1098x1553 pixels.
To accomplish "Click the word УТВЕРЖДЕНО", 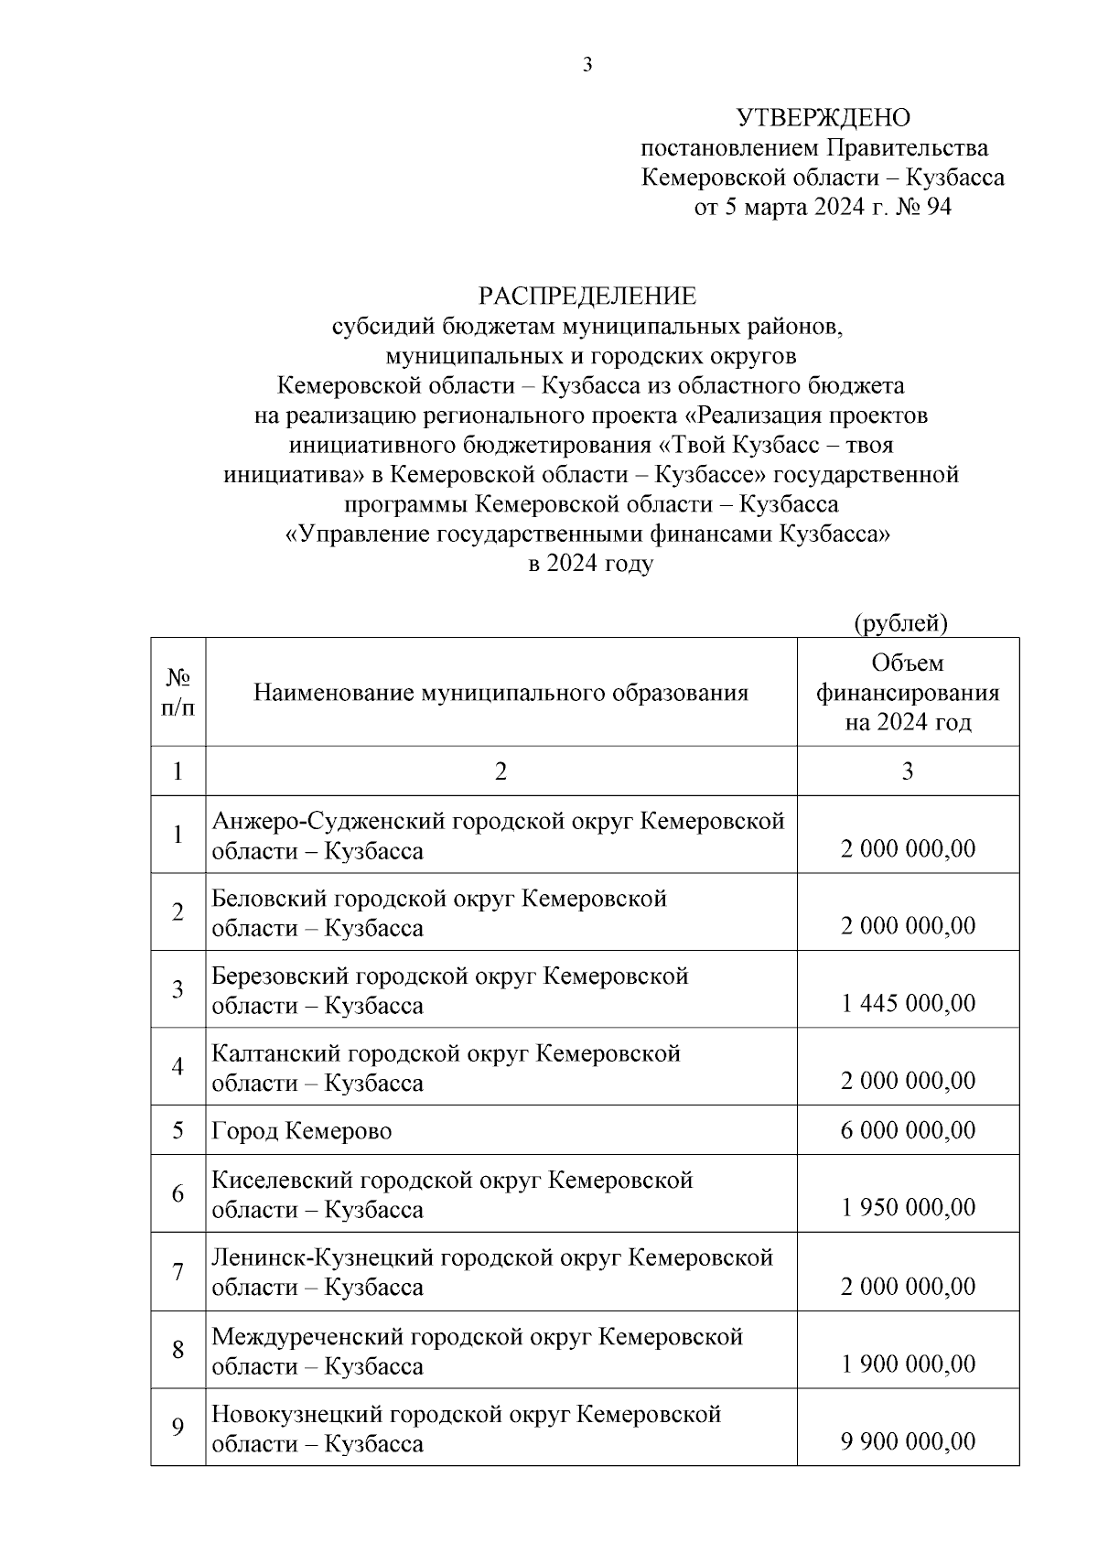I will pos(823,118).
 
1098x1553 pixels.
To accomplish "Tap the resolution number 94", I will pos(939,208).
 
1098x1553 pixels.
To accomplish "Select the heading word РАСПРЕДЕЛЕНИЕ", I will pos(587,297).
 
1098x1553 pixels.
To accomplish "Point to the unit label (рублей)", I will pos(900,623).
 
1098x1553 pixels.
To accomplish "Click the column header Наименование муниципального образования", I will pos(501,693).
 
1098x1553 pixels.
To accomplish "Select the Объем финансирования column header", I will pos(908,693).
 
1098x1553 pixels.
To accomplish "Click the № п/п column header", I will pos(178,693).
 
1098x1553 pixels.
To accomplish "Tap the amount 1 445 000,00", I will pos(908,1003).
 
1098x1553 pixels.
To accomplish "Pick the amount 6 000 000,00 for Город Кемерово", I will pos(908,1130).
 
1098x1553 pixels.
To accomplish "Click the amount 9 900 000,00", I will pos(908,1441).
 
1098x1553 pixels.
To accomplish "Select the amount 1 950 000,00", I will pos(908,1208).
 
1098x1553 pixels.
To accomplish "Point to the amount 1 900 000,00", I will pos(908,1364).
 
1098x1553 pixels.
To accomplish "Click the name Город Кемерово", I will pos(302,1131).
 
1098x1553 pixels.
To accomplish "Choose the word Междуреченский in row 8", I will pos(307,1337).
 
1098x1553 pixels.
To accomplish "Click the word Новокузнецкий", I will pos(296,1414).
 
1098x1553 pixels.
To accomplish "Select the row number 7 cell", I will pos(178,1271).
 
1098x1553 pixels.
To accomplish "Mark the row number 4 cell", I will pos(178,1066).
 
